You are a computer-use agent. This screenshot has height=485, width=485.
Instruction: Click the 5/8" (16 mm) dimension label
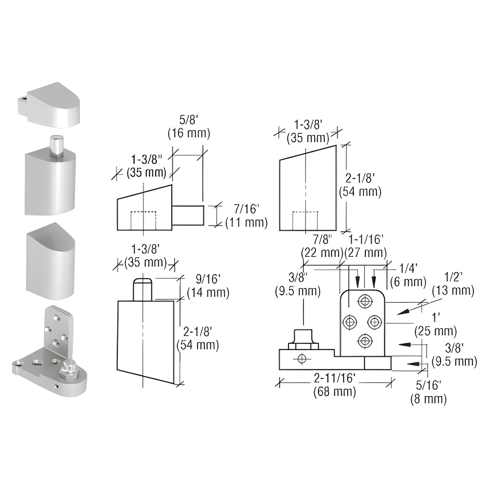[189, 127]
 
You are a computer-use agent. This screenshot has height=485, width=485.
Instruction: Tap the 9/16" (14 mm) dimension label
[208, 286]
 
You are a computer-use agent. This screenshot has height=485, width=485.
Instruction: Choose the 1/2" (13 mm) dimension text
[453, 284]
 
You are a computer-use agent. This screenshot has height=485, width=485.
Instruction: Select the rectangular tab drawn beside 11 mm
[188, 215]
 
